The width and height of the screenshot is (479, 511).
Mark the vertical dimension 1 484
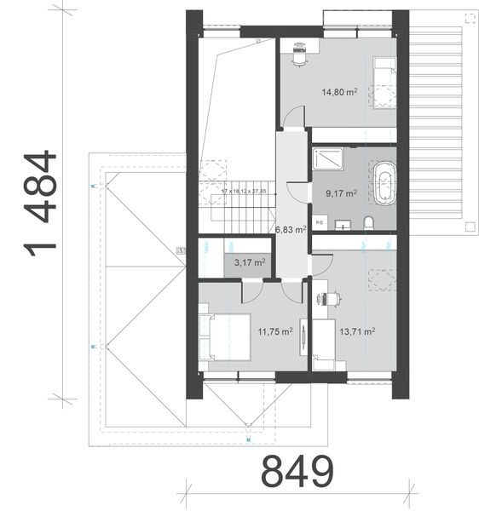tap(42, 202)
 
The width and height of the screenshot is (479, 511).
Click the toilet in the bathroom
tap(369, 223)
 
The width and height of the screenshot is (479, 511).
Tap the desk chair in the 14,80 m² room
tap(297, 54)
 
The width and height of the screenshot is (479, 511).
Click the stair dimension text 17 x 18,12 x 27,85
tap(243, 192)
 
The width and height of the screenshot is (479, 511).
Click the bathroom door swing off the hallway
tap(298, 192)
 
